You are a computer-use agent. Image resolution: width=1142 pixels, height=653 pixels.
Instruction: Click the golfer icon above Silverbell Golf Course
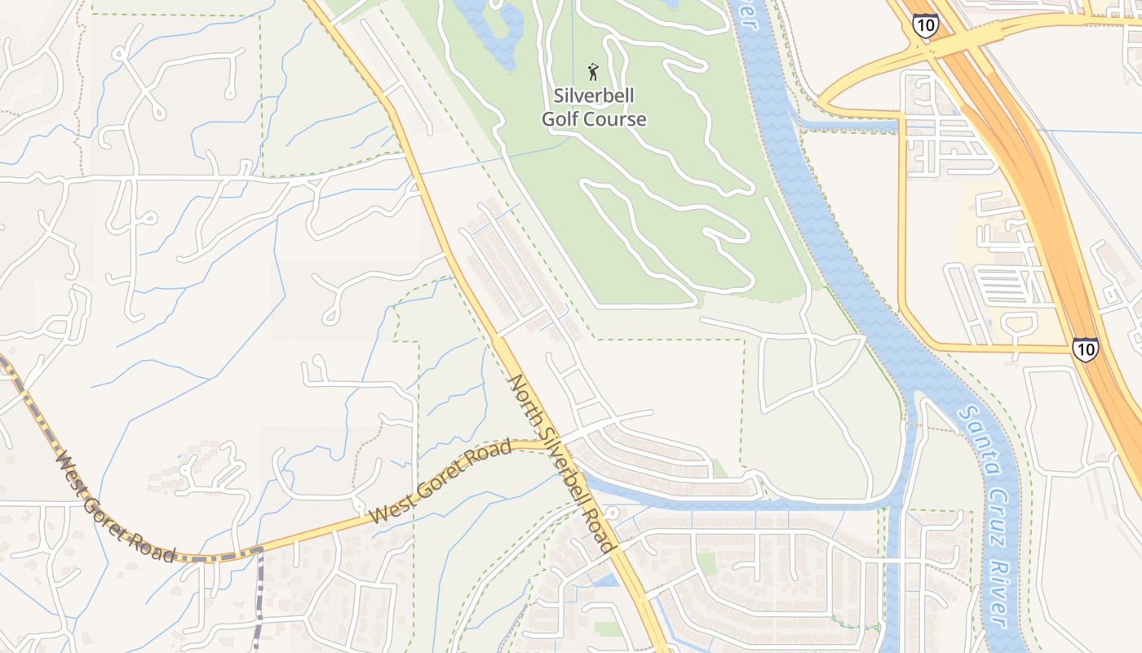click(593, 72)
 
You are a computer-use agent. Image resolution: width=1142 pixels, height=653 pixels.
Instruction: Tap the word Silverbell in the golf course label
click(594, 96)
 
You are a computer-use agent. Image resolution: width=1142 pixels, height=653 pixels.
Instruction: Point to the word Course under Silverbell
click(613, 119)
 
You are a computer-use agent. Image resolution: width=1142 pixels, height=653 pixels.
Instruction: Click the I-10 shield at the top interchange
click(926, 25)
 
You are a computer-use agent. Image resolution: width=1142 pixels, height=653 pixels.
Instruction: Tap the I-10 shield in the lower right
click(1085, 349)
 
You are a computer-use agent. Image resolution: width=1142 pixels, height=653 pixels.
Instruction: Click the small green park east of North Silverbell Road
click(706, 563)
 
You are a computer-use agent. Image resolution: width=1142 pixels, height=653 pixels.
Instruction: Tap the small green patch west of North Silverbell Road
click(607, 629)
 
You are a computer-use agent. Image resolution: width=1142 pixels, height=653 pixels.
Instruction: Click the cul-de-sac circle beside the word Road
click(613, 512)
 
